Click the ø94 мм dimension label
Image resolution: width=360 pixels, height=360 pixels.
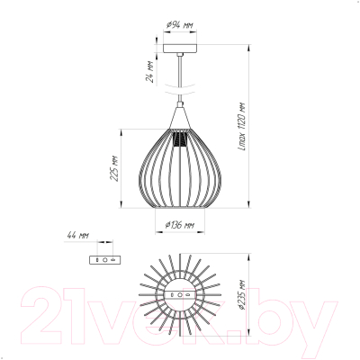pyautogui.click(x=179, y=25)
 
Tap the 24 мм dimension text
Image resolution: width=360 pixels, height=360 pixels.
pyautogui.click(x=149, y=72)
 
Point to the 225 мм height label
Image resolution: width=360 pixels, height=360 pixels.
pyautogui.click(x=114, y=168)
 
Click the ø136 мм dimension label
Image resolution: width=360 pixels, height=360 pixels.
pyautogui.click(x=180, y=225)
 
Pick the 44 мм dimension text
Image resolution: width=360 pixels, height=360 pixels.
pyautogui.click(x=77, y=236)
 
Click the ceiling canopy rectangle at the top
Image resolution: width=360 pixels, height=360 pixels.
pyautogui.click(x=180, y=49)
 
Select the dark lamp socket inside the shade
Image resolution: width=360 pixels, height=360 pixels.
pyautogui.click(x=180, y=139)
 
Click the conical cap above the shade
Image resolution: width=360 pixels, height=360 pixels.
pyautogui.click(x=180, y=119)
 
